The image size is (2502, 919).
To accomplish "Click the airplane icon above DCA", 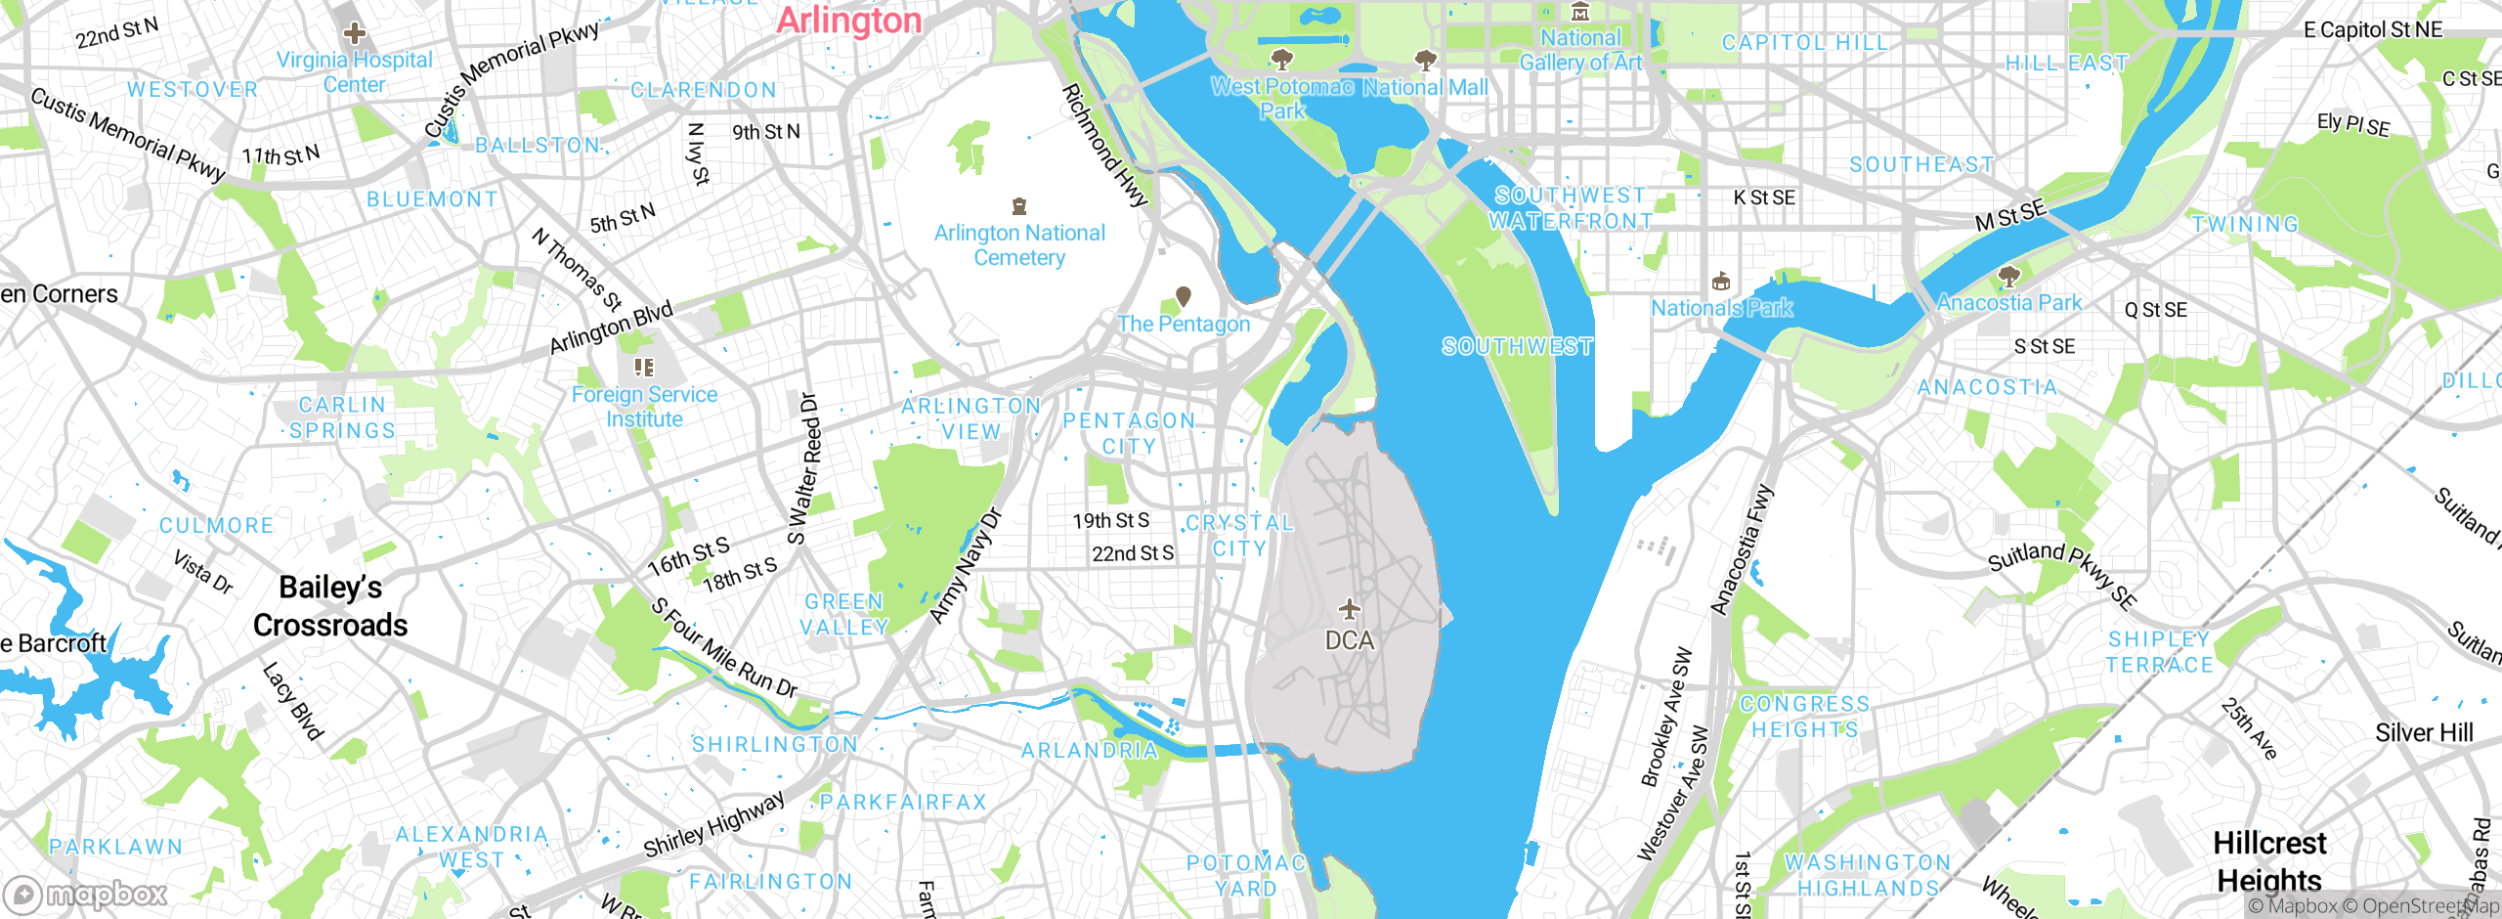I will [1350, 610].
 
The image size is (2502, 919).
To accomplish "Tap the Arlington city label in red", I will [848, 21].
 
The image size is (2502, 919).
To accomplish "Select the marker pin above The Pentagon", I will [1183, 295].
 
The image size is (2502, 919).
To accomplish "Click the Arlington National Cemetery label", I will [1019, 245].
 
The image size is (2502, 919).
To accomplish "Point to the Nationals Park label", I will [1721, 308].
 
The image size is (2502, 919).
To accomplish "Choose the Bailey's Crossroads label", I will [330, 606].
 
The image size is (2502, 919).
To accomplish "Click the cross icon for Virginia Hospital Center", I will [355, 33].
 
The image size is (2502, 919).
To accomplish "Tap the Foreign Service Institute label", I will [644, 407].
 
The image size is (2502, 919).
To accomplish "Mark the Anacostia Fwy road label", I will [1741, 549].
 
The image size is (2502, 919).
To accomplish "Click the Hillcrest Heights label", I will [2268, 860].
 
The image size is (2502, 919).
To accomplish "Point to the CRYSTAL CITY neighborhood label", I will [1239, 536].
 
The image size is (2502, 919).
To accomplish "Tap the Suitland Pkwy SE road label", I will [2062, 574].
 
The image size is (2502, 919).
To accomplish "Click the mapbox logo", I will [86, 895].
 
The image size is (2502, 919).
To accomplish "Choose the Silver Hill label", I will [2424, 733].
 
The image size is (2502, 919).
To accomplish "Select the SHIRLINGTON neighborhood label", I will [775, 745].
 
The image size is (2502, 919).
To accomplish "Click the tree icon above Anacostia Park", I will [2008, 277].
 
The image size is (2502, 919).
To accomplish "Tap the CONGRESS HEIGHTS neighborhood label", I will [1804, 717].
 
